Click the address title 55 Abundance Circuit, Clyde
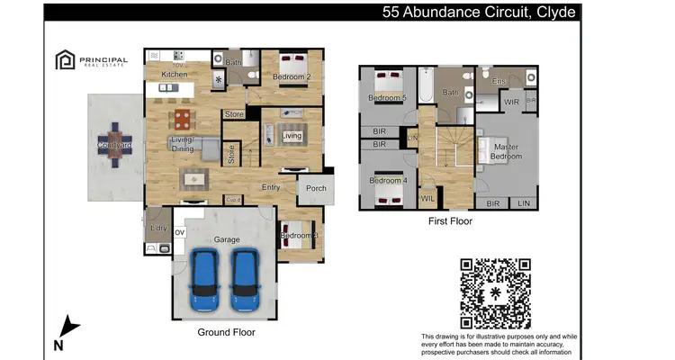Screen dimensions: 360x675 [x=478, y=12]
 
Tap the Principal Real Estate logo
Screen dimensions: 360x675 [x=91, y=60]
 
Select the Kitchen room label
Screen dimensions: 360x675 [x=174, y=74]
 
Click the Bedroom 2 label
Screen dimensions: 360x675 [x=292, y=77]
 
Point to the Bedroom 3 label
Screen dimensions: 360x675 [x=299, y=236]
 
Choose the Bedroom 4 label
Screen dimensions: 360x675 [x=388, y=181]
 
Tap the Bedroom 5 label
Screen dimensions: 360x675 [x=387, y=97]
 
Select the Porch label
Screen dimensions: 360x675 [x=316, y=189]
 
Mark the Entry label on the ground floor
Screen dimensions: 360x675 [x=271, y=187]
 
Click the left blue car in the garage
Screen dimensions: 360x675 [x=205, y=278]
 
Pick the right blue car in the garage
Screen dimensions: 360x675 [x=246, y=278]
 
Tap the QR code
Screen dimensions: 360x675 [x=495, y=292]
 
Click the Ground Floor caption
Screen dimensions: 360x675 [x=226, y=332]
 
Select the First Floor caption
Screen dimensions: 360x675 [x=450, y=220]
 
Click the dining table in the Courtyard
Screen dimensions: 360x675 [x=114, y=147]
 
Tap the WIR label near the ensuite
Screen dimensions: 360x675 [x=511, y=103]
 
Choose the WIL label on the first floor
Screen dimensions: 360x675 [x=427, y=198]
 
